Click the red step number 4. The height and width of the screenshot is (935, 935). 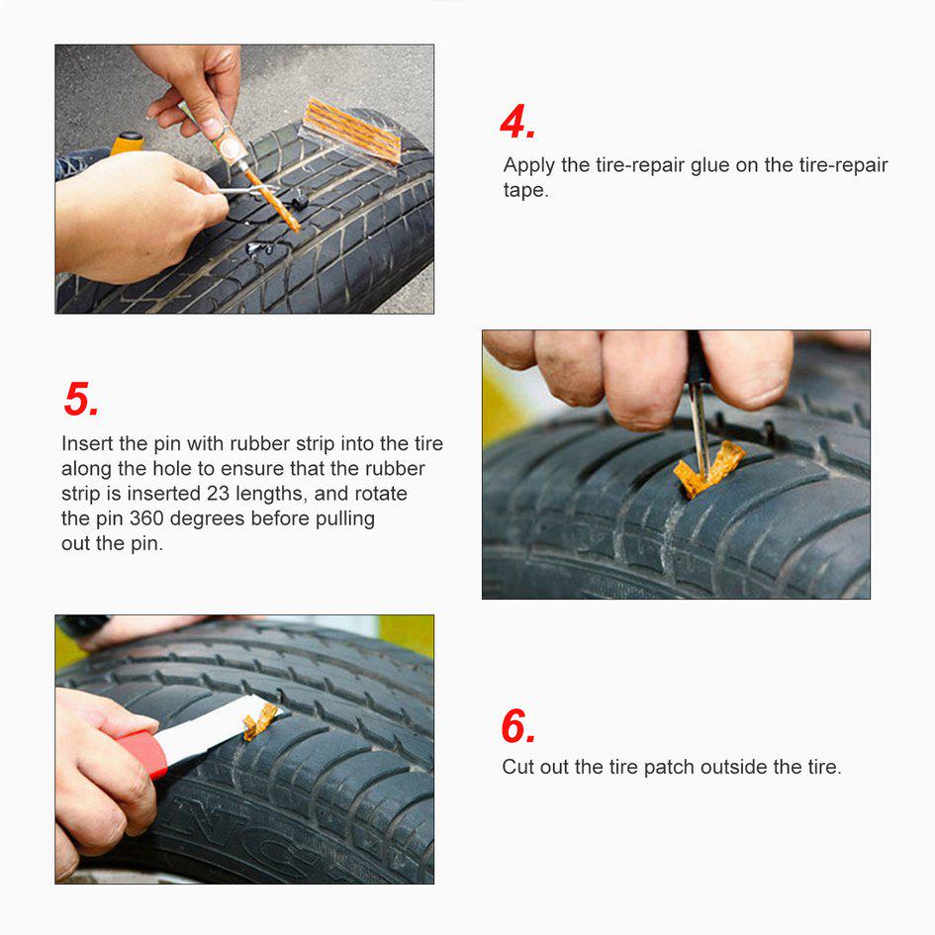click(x=517, y=123)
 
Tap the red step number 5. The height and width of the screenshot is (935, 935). click(x=81, y=400)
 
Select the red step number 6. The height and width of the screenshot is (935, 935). click(x=518, y=727)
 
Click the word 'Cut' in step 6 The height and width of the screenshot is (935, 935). click(x=517, y=766)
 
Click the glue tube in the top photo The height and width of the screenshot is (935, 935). click(x=220, y=133)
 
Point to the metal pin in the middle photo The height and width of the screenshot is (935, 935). click(x=700, y=421)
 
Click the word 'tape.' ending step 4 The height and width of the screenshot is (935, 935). click(x=525, y=191)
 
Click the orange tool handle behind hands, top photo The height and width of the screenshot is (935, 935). click(x=127, y=143)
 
